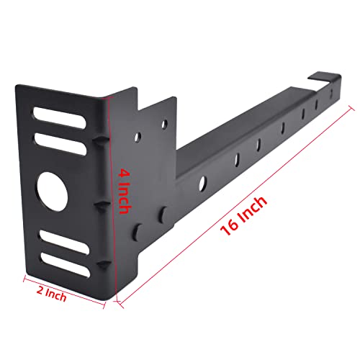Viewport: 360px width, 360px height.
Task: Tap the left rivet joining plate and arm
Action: [x=136, y=230]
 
